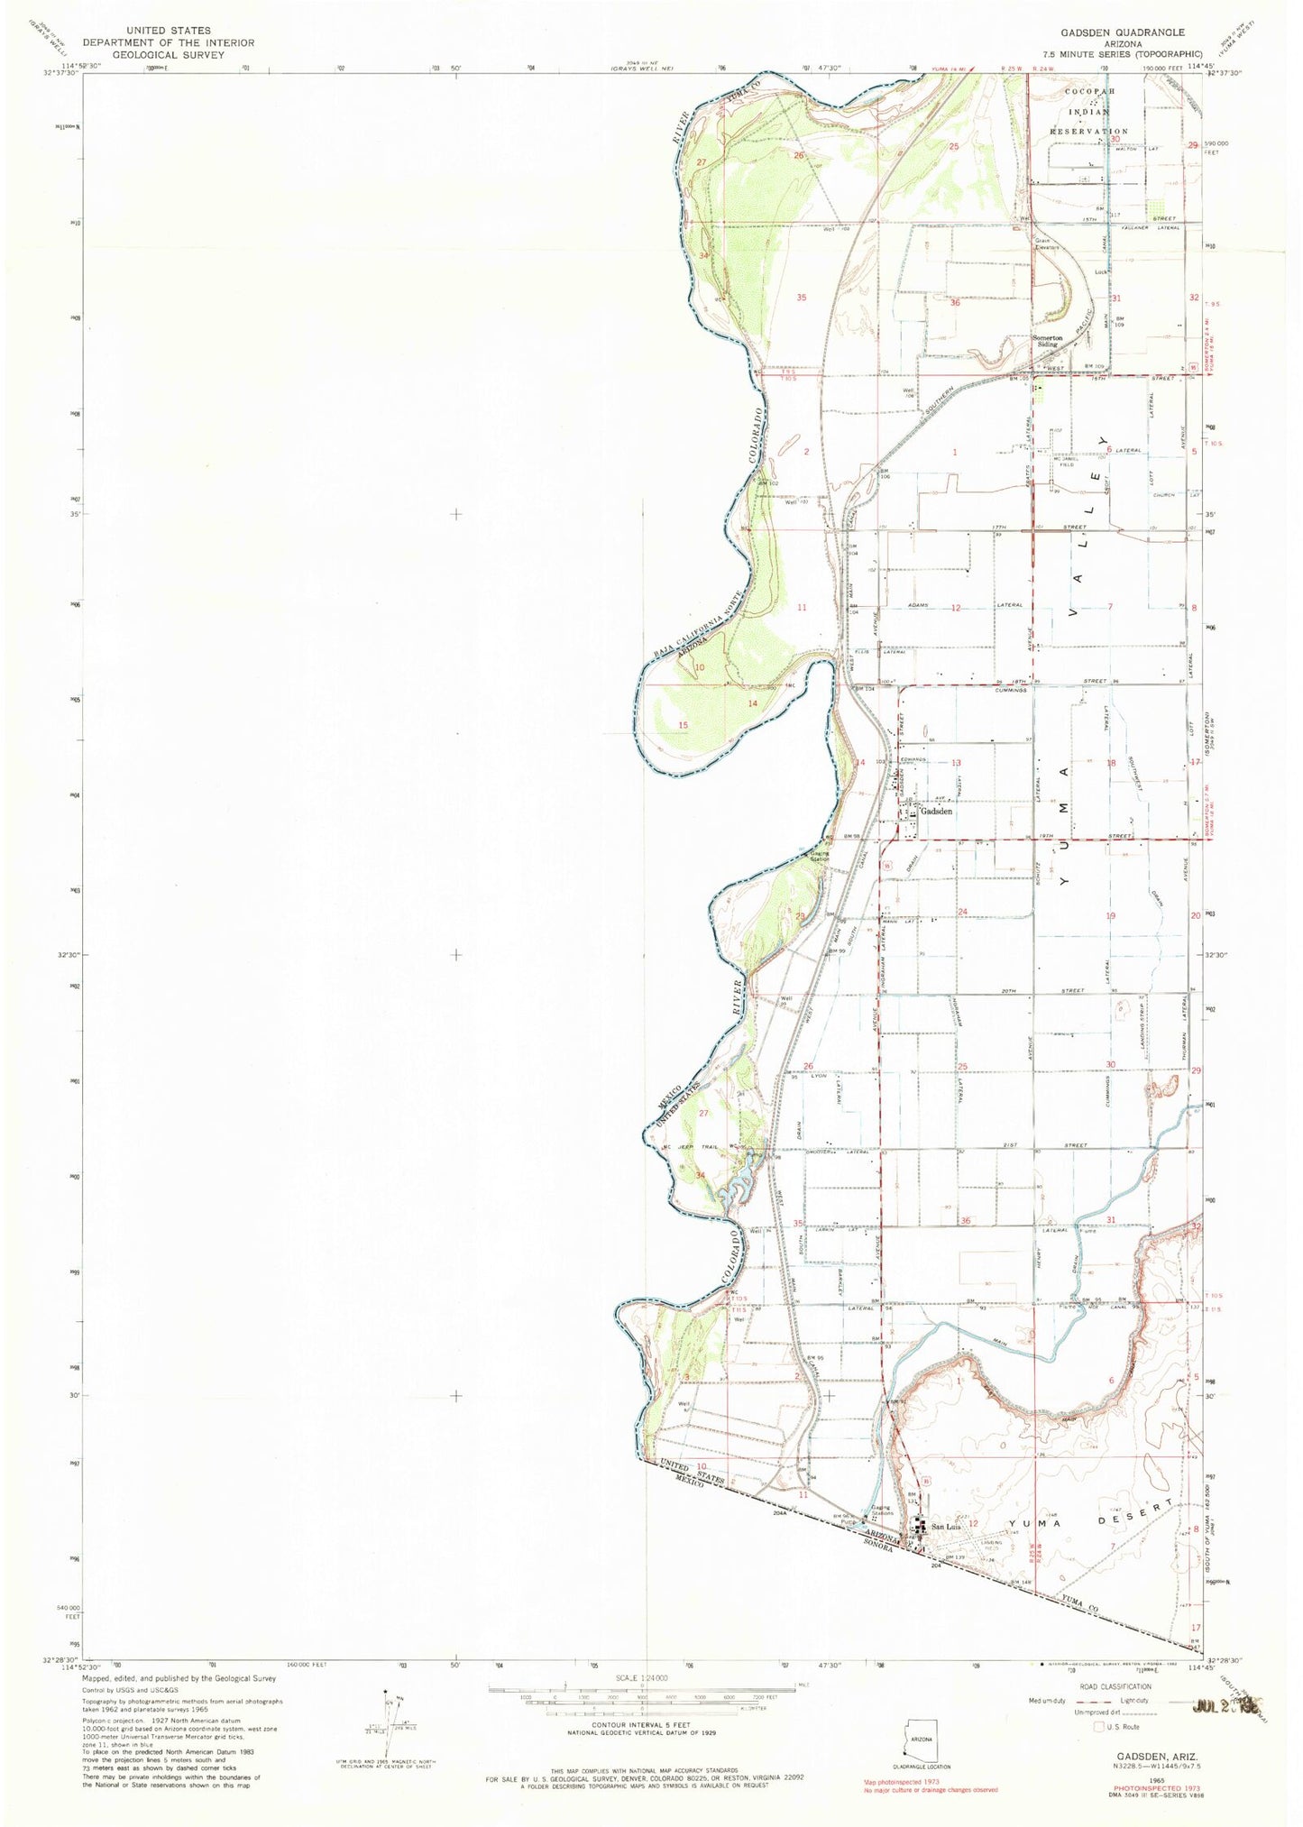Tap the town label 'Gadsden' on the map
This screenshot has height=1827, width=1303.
pyautogui.click(x=936, y=811)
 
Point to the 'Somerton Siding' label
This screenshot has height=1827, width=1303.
pyautogui.click(x=1046, y=341)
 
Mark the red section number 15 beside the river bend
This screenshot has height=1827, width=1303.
pyautogui.click(x=684, y=725)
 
